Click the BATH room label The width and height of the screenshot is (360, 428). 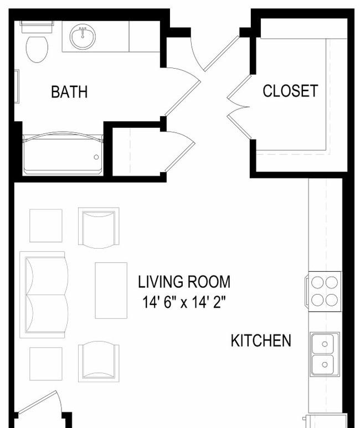(x=69, y=92)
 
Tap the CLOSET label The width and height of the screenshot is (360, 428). (x=290, y=91)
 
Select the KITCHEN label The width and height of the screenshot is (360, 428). (x=261, y=341)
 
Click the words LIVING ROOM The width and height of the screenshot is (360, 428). (x=184, y=282)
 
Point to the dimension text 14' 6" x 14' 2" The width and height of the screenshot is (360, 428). (x=184, y=302)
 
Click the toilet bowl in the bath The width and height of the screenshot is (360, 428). (x=37, y=49)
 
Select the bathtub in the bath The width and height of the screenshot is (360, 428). (x=63, y=154)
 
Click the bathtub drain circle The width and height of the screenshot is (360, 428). (x=96, y=157)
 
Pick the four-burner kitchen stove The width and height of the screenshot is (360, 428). (x=323, y=291)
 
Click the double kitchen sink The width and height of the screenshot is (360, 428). (x=325, y=354)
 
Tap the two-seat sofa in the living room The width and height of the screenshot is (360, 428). (x=44, y=295)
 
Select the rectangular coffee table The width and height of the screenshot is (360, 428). (x=111, y=291)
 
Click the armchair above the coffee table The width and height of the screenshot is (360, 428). (x=99, y=228)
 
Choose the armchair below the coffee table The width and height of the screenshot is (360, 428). (x=99, y=362)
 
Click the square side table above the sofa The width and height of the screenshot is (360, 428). (x=46, y=225)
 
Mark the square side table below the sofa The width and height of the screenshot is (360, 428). (x=46, y=364)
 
